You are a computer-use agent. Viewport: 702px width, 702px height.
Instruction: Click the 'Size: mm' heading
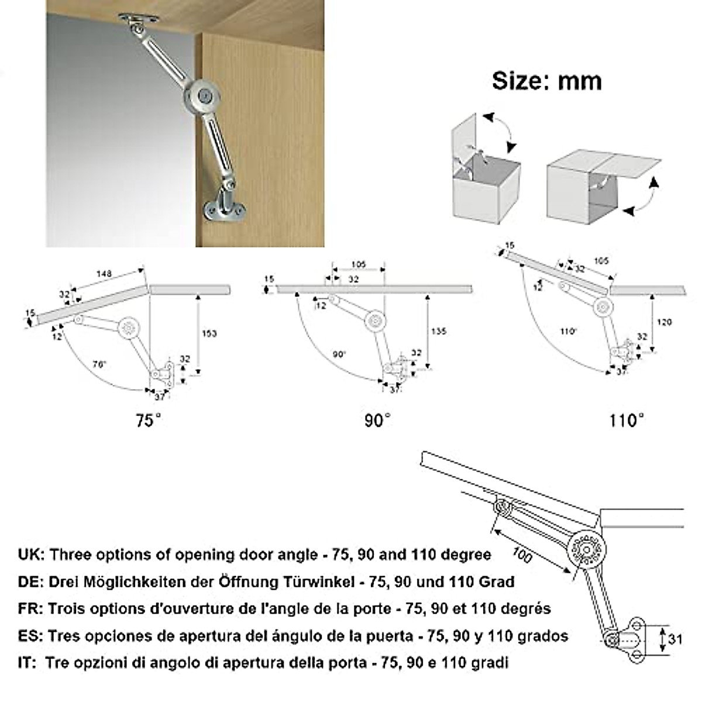[546, 81]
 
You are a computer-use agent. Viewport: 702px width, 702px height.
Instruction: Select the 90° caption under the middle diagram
[376, 420]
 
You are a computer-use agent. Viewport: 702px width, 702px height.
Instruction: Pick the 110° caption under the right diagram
[626, 420]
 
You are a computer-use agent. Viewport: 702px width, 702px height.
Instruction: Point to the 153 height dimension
[209, 333]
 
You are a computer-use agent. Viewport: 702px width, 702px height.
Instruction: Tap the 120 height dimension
[665, 322]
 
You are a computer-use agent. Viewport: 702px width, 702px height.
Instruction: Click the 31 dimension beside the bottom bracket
[676, 639]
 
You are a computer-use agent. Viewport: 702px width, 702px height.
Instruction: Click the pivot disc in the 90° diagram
[375, 320]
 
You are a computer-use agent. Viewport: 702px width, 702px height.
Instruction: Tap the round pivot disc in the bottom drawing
[587, 550]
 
